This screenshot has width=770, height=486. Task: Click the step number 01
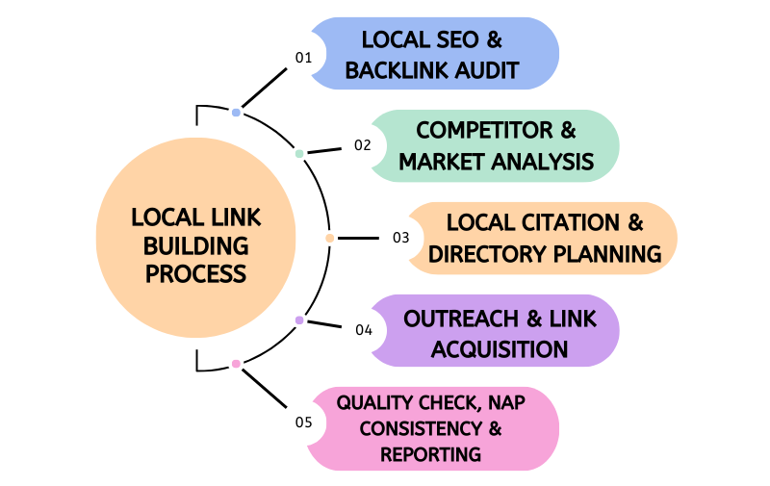pos(304,58)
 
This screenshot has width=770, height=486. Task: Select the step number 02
pos(363,145)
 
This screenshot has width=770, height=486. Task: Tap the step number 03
pos(401,238)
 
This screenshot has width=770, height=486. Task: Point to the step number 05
pos(304,422)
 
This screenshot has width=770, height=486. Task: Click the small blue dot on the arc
pos(236,113)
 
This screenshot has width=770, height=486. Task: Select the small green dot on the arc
pos(299,153)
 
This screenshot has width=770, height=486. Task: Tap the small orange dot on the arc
pos(330,238)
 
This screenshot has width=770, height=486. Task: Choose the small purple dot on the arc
pos(299,320)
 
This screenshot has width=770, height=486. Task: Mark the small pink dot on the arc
pos(236,364)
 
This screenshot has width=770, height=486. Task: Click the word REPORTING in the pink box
pos(430,453)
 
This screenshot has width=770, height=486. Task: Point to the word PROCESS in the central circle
pos(195,273)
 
